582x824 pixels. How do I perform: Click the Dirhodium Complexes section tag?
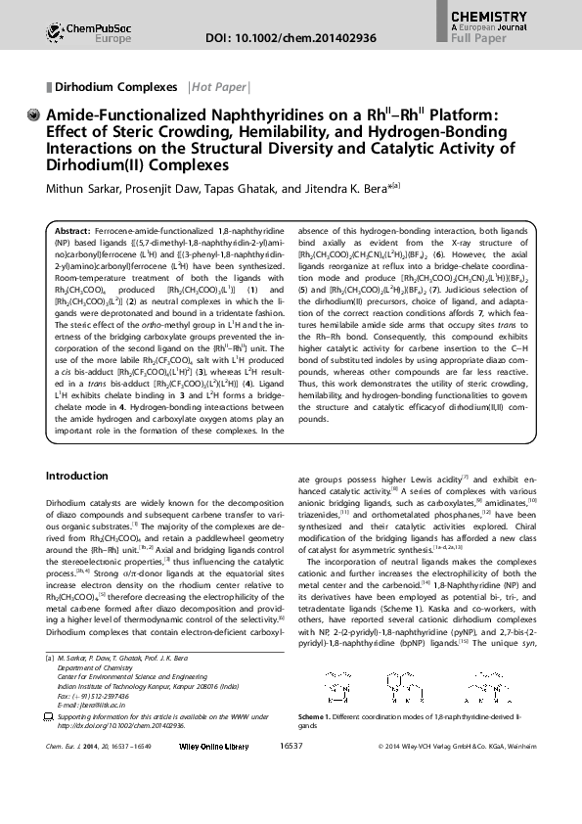pyautogui.click(x=116, y=87)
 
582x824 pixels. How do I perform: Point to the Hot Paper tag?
pyautogui.click(x=218, y=87)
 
